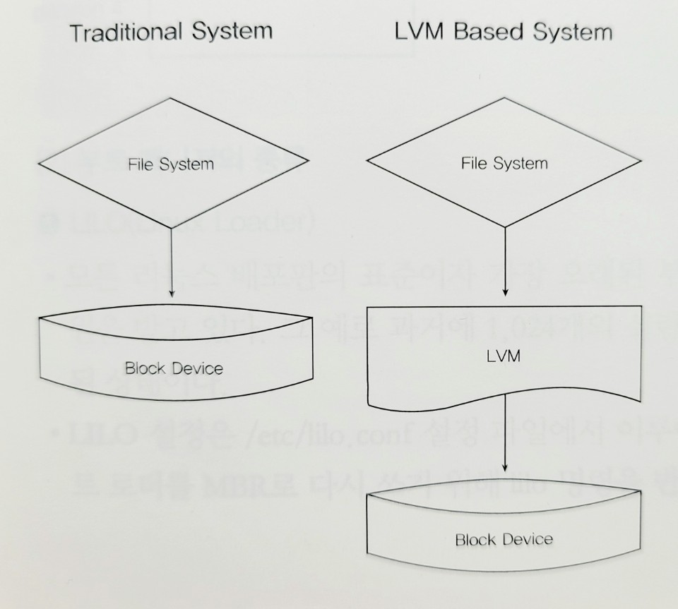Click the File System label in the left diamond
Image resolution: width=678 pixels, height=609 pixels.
click(x=170, y=164)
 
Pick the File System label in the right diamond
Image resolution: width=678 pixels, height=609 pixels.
click(x=504, y=164)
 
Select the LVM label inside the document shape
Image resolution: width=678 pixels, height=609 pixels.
click(x=504, y=356)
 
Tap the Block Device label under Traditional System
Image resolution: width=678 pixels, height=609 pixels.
click(x=173, y=368)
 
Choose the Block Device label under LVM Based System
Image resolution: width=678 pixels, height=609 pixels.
click(x=504, y=540)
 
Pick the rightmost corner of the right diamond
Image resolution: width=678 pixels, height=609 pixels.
click(x=643, y=165)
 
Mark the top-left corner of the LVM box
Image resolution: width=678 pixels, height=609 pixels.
click(x=369, y=306)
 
